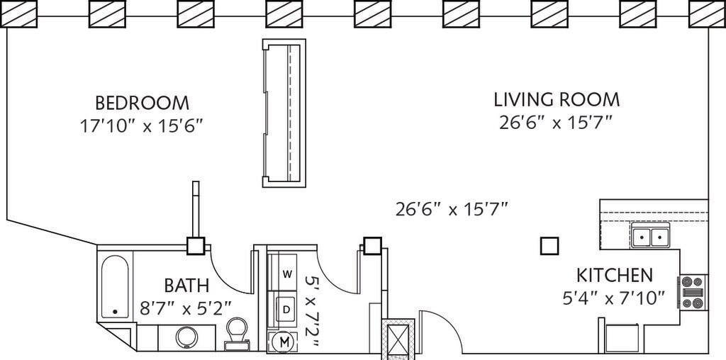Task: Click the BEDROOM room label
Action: click(x=142, y=102)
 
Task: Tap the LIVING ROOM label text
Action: click(x=557, y=99)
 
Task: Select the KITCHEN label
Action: click(x=615, y=275)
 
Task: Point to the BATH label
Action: click(x=187, y=285)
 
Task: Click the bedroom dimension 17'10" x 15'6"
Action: click(x=142, y=126)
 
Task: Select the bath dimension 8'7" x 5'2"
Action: click(x=186, y=308)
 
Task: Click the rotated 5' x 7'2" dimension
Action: click(x=312, y=311)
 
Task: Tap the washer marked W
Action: click(x=287, y=274)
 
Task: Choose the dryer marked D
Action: click(x=286, y=309)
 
